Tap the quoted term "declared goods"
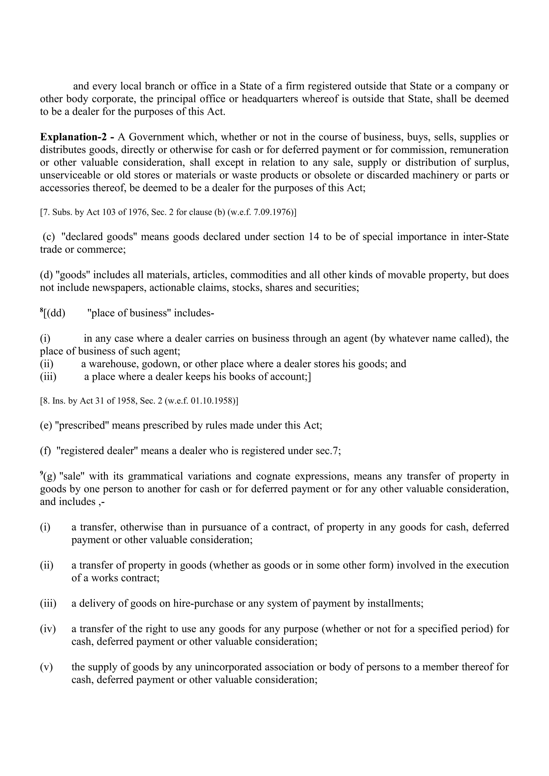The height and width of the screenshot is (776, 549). (99, 237)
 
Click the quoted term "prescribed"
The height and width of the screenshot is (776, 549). (84, 425)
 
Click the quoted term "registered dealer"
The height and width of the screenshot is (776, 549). (97, 451)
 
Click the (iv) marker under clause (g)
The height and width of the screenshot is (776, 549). (48, 629)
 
